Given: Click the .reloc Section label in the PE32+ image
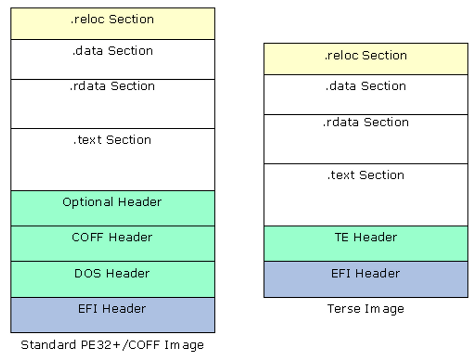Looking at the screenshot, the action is (x=112, y=19).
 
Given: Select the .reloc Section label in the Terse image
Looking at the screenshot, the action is (x=366, y=55).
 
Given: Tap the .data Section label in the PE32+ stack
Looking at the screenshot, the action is (x=113, y=51).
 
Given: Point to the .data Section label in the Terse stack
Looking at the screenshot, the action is (x=366, y=86).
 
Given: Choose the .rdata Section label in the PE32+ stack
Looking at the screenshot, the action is (x=112, y=86).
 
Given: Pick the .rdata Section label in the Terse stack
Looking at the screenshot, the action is (x=366, y=122).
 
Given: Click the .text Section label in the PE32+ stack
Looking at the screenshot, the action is (x=112, y=140).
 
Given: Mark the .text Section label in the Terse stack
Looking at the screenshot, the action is (x=366, y=175).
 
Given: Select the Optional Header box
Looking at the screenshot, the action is (x=113, y=208).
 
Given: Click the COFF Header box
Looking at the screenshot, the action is (x=113, y=243).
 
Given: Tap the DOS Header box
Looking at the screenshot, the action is (x=113, y=279).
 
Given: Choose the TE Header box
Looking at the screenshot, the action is (x=366, y=243).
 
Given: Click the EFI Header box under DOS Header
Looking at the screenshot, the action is (x=113, y=315).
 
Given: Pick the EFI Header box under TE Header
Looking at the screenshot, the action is (x=366, y=279).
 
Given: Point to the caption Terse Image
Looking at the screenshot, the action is (x=366, y=309).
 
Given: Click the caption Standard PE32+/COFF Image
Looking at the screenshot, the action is (x=112, y=345).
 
